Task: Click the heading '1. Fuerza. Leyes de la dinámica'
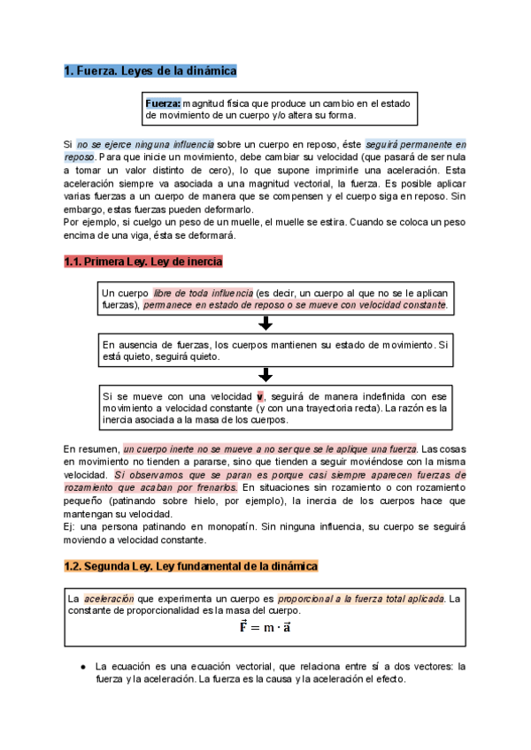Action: (x=150, y=71)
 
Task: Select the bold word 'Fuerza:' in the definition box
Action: (x=164, y=103)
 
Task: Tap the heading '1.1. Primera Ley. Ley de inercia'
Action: (x=143, y=262)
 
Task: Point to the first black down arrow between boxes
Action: (x=265, y=324)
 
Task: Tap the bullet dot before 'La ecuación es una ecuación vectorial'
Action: (x=82, y=666)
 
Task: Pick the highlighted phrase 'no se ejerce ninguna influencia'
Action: (x=144, y=143)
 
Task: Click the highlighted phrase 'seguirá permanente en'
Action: (x=416, y=143)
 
